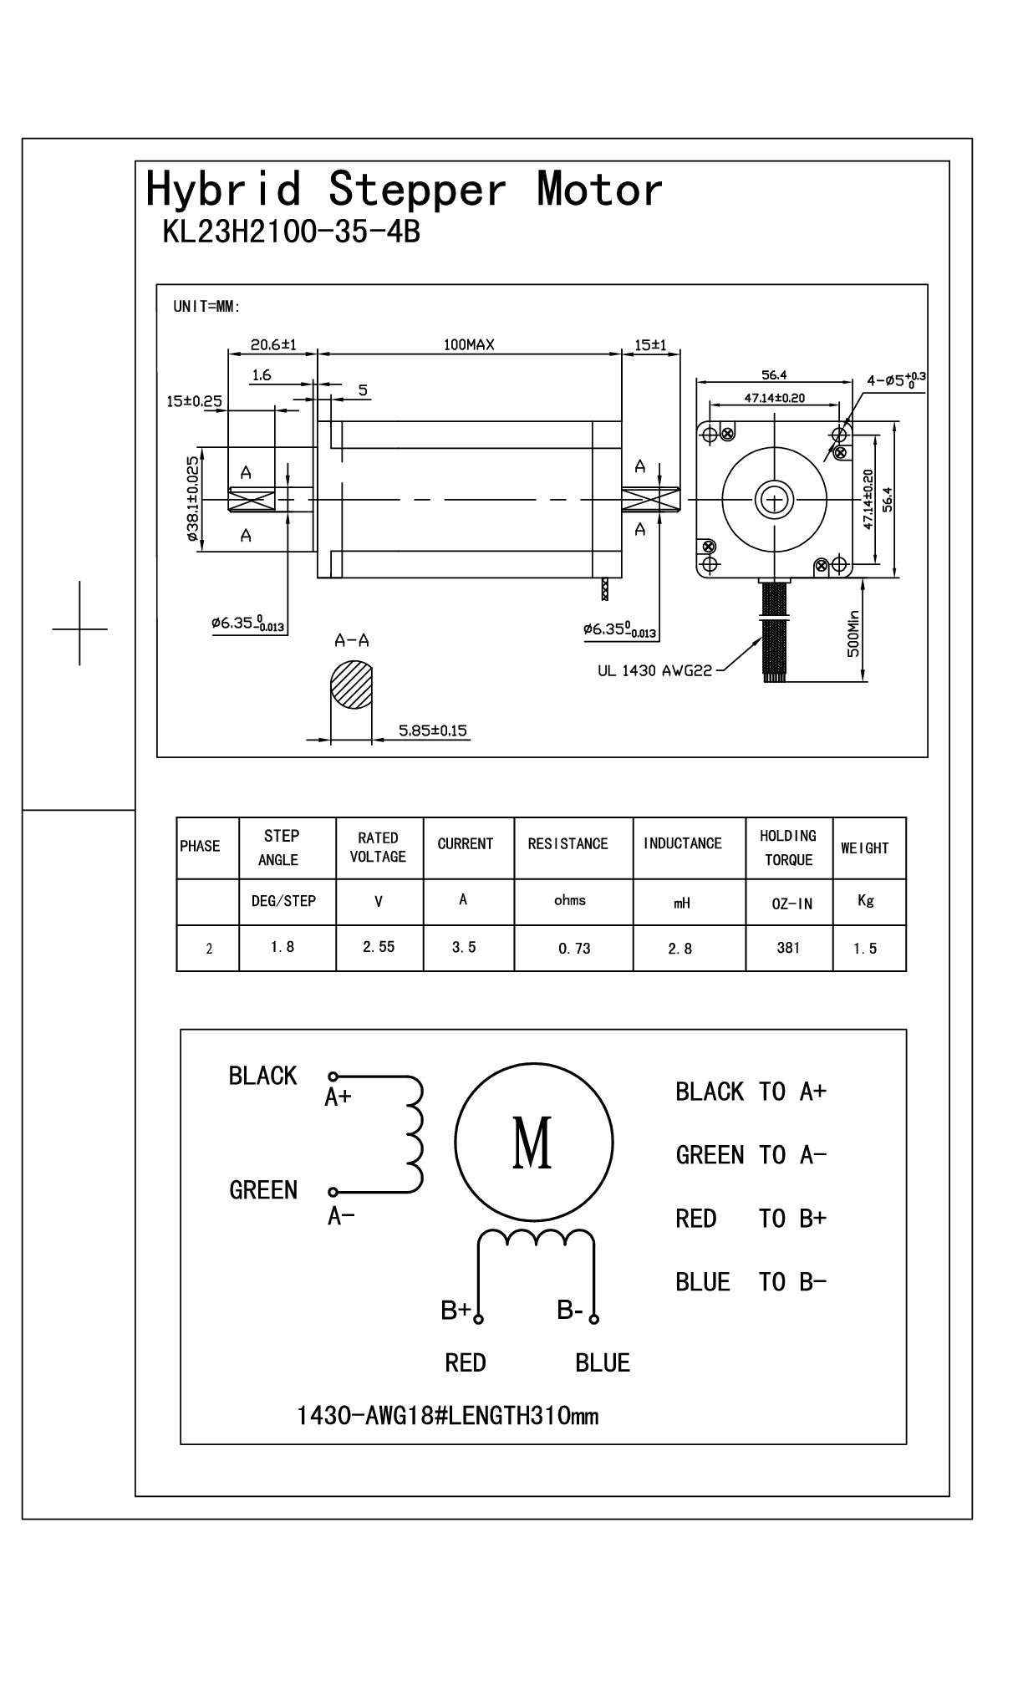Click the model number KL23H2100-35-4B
pos(291,232)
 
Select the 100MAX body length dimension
pos(469,344)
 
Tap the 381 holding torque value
pos(788,948)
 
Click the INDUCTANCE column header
pos(682,843)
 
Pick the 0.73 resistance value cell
pos(574,949)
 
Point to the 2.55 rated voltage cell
pos(379,947)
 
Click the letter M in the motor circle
pos(532,1143)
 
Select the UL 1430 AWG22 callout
pos(654,669)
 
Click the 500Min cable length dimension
pos(853,634)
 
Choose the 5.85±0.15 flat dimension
pos(433,731)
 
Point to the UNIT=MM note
pos(206,307)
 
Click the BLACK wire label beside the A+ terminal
pos(262,1075)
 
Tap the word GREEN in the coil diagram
pos(263,1189)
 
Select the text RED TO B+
pos(751,1219)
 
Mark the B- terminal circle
pos(594,1320)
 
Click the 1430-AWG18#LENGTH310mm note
pos(448,1416)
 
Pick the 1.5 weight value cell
pos(865,949)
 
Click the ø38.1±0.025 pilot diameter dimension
pos(193,499)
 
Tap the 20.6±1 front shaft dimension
pos(274,344)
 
